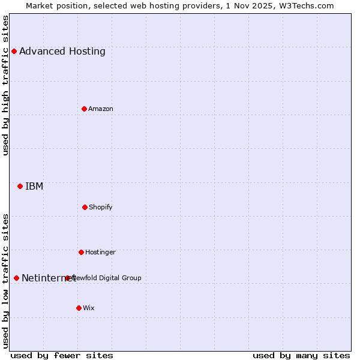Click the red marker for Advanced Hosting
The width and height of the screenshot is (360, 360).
point(14,51)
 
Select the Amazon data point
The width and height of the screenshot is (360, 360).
point(84,109)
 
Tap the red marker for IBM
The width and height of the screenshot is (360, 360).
point(20,186)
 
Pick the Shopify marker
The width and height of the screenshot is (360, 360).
point(85,207)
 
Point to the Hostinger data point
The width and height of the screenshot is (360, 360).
point(81,252)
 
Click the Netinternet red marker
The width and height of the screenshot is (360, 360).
point(16,278)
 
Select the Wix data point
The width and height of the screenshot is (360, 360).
point(79,308)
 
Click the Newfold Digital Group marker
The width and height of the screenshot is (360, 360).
point(67,278)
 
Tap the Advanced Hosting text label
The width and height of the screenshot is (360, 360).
point(62,51)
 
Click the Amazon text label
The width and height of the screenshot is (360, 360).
point(101,109)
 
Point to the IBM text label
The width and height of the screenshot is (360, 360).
point(34,186)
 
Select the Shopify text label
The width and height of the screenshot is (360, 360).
point(101,207)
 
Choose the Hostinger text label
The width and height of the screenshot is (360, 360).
point(100,252)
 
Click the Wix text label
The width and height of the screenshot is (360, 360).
point(89,308)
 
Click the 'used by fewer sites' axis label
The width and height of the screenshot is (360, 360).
point(62,355)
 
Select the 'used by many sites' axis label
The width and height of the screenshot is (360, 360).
point(301,355)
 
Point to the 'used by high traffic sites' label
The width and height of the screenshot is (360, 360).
point(6,85)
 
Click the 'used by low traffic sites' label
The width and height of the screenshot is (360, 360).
point(6,281)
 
